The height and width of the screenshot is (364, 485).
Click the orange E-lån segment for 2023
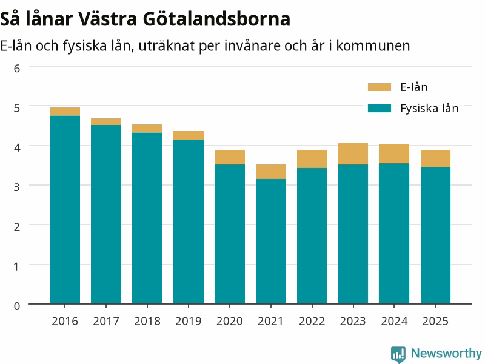(353, 154)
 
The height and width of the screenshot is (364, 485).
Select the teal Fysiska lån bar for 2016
(65, 210)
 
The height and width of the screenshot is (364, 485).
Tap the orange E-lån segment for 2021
(271, 172)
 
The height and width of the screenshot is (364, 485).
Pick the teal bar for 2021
(271, 241)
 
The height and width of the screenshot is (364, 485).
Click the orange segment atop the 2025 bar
(435, 159)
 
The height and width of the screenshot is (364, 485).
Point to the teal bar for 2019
(189, 221)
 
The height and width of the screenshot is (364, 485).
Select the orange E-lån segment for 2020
(230, 158)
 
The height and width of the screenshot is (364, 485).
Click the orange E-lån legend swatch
(380, 87)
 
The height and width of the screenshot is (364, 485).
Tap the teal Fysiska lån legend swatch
(380, 109)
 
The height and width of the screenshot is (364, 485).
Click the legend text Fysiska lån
(429, 109)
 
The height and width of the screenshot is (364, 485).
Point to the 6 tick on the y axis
(17, 69)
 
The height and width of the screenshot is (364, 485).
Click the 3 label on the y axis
(17, 187)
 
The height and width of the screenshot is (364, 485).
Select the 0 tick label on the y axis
(17, 306)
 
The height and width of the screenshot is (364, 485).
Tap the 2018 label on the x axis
(147, 322)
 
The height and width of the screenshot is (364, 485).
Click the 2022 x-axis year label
(312, 322)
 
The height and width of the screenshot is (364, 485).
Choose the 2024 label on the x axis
(394, 322)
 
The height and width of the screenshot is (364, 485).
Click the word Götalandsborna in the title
(216, 19)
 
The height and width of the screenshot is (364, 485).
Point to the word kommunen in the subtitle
(373, 46)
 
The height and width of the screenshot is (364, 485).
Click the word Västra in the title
(107, 19)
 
